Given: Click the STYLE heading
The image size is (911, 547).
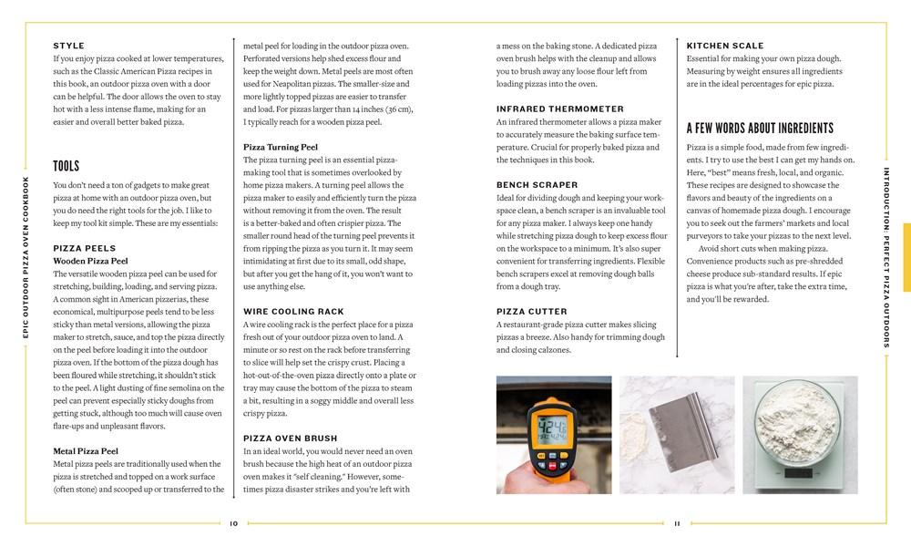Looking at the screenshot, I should tap(69, 46).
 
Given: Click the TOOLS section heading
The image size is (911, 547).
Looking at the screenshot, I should tap(67, 166).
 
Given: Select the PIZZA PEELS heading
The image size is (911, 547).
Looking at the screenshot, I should tap(85, 248).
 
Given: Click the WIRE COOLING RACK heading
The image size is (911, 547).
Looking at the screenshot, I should tap(292, 311).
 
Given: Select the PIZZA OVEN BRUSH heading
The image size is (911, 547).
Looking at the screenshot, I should tap(291, 438).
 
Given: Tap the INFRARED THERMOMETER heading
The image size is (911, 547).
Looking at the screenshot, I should tap(560, 108).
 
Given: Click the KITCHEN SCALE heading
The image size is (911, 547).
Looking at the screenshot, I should tap(725, 46).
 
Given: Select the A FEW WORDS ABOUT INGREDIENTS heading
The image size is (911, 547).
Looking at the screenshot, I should tap(760, 128).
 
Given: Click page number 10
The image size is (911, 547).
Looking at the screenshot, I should tap(234, 523).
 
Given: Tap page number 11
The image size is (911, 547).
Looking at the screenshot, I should tap(678, 523).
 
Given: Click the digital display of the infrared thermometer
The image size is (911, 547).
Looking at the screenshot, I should tap(555, 428).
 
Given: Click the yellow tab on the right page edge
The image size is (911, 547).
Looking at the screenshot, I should tap(906, 258).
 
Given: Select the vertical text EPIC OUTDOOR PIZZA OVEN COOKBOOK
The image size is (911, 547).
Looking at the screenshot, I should tap(26, 258).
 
